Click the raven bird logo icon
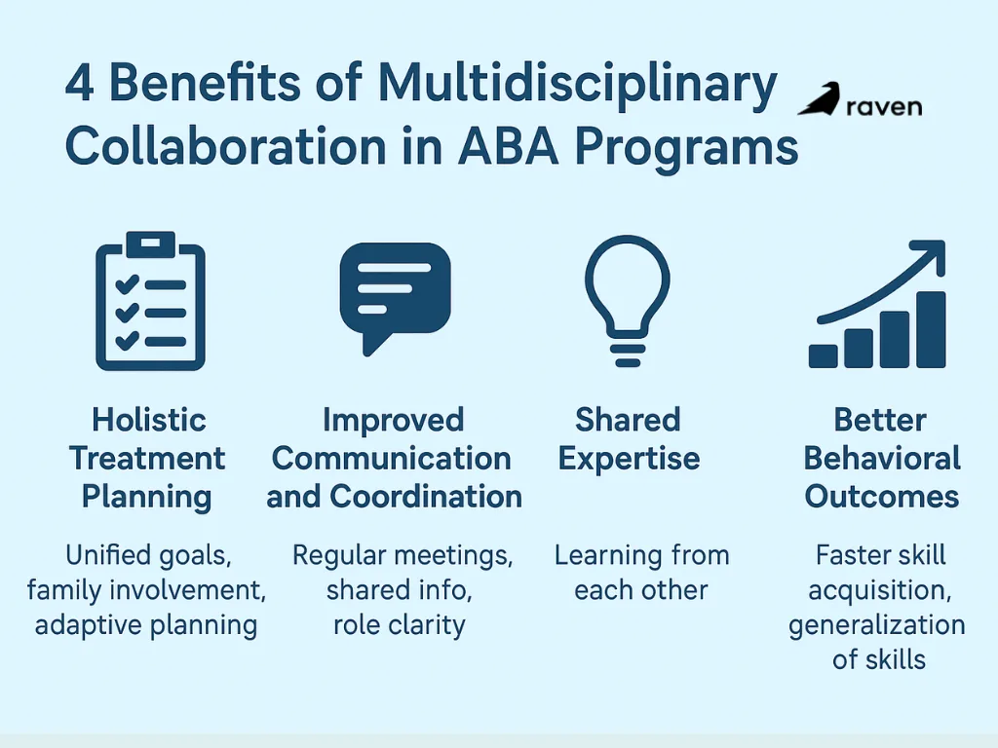820,101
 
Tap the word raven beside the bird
883,106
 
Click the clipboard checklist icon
150,302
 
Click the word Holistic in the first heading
149,421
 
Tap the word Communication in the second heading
391,459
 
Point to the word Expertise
629,459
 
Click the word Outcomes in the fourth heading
882,497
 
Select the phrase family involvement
146,590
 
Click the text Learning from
641,556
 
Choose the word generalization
877,624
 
